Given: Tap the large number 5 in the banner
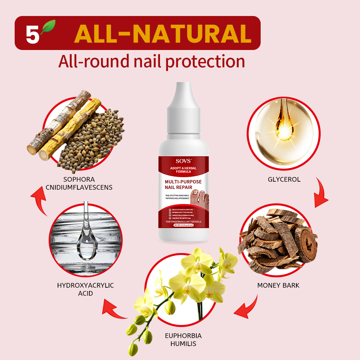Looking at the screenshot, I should [x=32, y=34].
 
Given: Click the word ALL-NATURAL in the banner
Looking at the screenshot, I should [x=162, y=33].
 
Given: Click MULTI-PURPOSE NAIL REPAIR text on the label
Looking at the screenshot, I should [x=183, y=185].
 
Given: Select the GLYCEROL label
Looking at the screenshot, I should [x=284, y=179].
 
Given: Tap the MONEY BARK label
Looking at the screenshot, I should [x=278, y=285].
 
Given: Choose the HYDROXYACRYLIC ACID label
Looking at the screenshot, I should [x=85, y=289].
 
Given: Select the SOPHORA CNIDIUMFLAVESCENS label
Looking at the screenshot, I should [x=79, y=183].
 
